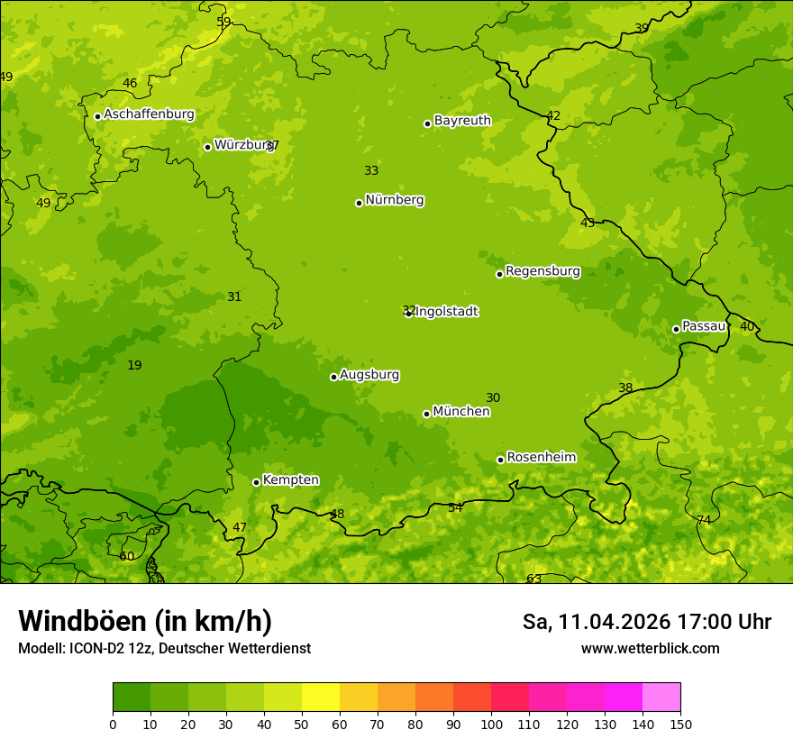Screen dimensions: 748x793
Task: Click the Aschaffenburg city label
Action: tap(149, 114)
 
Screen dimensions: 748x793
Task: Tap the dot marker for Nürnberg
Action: tap(359, 203)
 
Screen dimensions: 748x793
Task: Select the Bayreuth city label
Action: tap(462, 121)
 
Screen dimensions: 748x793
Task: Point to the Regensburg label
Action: tap(542, 271)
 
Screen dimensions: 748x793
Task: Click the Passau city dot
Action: tap(676, 329)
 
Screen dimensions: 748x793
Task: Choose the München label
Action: tap(461, 412)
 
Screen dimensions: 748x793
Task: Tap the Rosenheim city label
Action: tap(541, 458)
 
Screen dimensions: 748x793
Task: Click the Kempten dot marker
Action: tap(256, 482)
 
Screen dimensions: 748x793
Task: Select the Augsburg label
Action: tap(369, 375)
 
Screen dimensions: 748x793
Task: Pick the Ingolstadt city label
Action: tap(447, 312)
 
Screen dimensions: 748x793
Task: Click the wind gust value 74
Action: tap(704, 521)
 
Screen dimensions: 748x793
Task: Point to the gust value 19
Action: tap(134, 366)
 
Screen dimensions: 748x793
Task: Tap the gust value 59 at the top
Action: tap(224, 23)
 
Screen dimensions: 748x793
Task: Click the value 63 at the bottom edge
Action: tap(534, 579)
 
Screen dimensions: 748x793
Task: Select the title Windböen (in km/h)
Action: tap(145, 621)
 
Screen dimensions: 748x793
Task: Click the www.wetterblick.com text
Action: tap(650, 649)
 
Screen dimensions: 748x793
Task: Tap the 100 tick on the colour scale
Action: tap(491, 724)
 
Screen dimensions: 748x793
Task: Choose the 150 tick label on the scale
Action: tap(680, 724)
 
